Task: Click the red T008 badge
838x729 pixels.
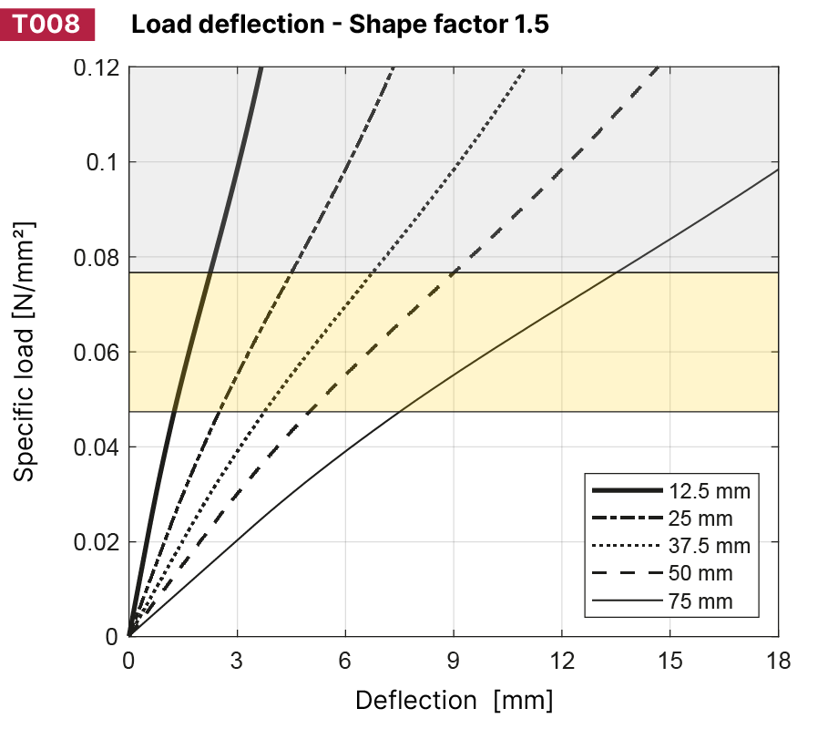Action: [x=47, y=24]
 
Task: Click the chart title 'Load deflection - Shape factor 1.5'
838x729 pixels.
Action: [x=340, y=25]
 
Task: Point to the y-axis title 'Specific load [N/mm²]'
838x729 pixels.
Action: [x=26, y=351]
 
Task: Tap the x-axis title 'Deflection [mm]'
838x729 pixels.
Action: [x=454, y=700]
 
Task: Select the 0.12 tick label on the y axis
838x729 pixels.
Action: [x=96, y=67]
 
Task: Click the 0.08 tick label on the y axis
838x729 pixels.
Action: [x=96, y=257]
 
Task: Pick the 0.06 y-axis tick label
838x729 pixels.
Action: [x=96, y=352]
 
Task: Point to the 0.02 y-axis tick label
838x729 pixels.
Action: [x=96, y=541]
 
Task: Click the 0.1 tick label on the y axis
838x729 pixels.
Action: [x=103, y=162]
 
